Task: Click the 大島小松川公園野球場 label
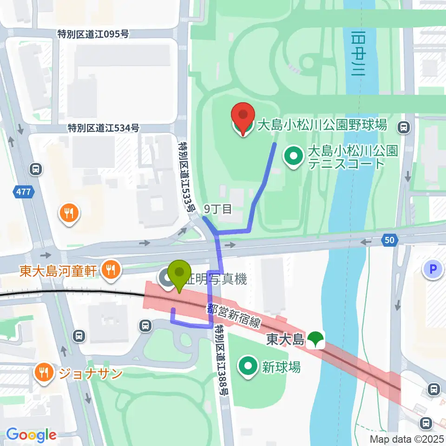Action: [x=322, y=125]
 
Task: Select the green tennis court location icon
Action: [x=294, y=157]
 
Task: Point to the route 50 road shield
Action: [x=389, y=240]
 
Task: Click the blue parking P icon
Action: [x=433, y=269]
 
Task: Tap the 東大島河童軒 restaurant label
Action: [x=59, y=270]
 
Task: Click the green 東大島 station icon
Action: [x=316, y=340]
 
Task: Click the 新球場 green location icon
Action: [x=248, y=367]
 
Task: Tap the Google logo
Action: [x=31, y=434]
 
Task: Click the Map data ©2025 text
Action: [x=407, y=439]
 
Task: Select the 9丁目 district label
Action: [x=218, y=209]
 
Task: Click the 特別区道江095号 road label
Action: [x=93, y=34]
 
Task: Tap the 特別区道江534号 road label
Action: [x=103, y=128]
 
